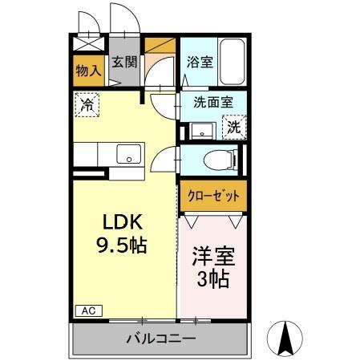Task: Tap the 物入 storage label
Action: pyautogui.click(x=88, y=71)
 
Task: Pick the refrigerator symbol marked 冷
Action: pyautogui.click(x=87, y=103)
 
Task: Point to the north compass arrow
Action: pyautogui.click(x=283, y=337)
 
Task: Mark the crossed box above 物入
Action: pyautogui.click(x=87, y=45)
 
